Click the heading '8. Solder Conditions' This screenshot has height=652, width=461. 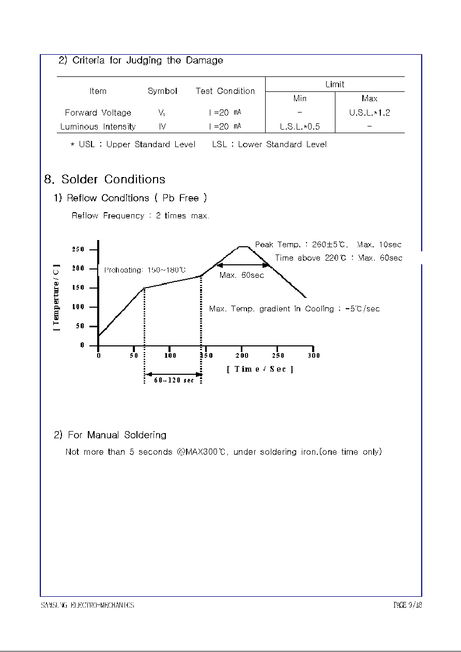point(105,180)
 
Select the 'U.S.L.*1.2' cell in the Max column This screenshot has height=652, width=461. point(370,113)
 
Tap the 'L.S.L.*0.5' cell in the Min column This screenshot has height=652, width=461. point(300,126)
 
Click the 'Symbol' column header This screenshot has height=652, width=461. point(162,91)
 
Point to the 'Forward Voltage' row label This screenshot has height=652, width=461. point(98,113)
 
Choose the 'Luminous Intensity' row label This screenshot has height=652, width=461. point(98,126)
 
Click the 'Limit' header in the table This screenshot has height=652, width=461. point(335,84)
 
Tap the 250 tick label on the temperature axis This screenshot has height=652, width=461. point(78,250)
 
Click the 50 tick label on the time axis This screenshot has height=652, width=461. point(134,355)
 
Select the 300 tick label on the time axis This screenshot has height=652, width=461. point(314,355)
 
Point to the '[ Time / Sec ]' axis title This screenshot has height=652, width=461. point(260,369)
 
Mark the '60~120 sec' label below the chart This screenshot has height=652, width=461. point(174,380)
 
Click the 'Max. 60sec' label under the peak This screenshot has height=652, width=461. point(241,275)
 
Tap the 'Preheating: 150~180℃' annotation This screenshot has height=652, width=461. point(145,270)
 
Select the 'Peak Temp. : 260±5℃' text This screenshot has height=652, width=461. point(302,245)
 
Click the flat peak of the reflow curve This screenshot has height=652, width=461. point(243,247)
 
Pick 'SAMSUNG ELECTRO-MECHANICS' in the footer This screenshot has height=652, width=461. point(88,605)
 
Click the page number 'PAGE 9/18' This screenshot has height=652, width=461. point(408,605)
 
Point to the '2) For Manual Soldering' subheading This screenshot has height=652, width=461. point(110,435)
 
